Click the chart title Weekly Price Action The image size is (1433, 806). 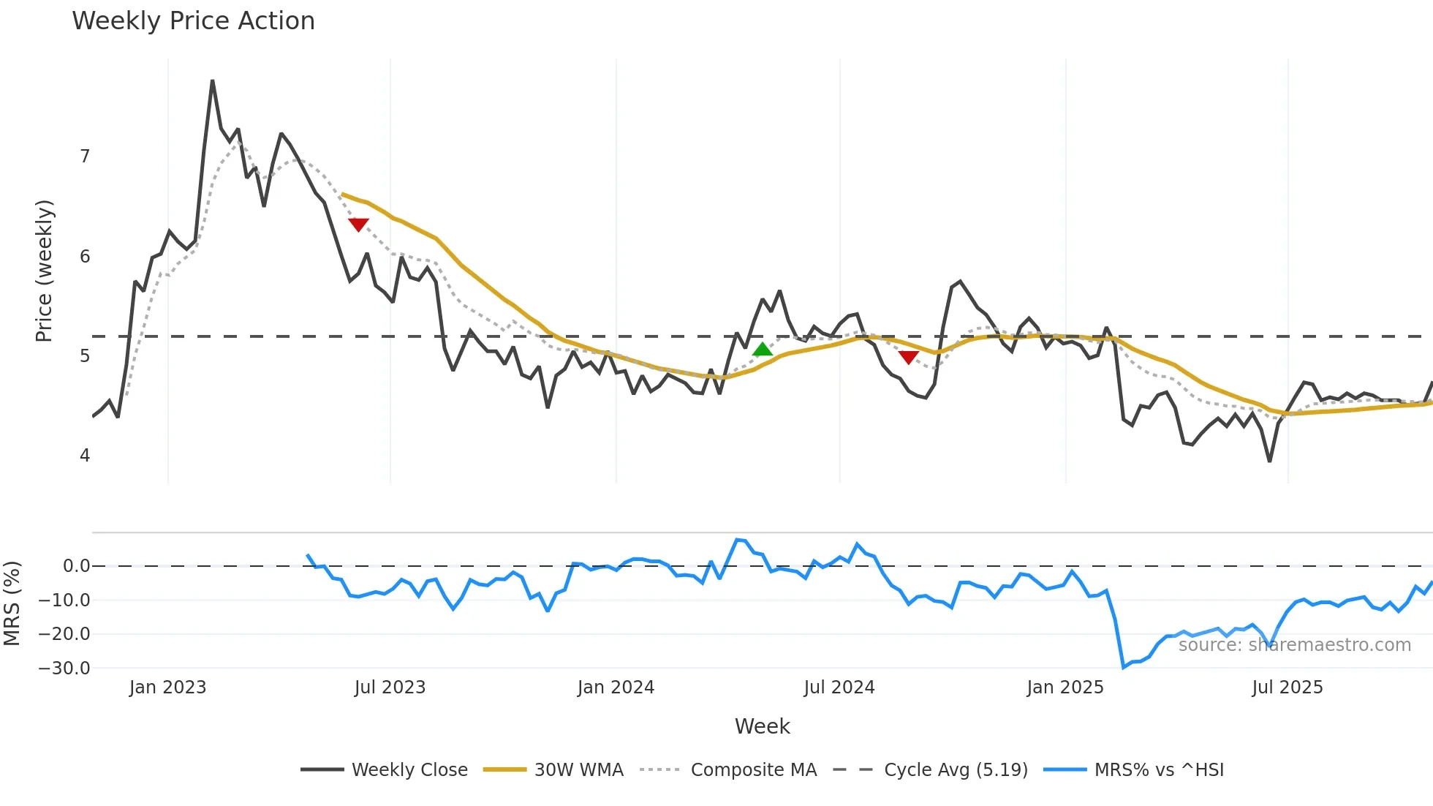coord(193,21)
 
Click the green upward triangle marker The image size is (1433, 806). coord(763,350)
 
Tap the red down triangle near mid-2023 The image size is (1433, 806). coord(358,225)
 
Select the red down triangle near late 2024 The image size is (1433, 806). coord(908,357)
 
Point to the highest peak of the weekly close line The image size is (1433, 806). coord(212,80)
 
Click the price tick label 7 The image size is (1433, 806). coord(85,157)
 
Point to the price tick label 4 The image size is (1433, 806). coord(85,456)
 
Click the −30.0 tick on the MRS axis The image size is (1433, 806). coord(65,668)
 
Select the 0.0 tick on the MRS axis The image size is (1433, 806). coord(76,566)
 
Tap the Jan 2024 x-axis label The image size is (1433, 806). coord(616,688)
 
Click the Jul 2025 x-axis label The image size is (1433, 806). coord(1287,688)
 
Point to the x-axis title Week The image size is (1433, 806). coord(762,726)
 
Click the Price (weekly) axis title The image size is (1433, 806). coord(44,271)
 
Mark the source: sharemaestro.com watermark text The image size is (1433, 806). coord(1294,645)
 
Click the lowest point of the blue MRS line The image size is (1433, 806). coord(1124,667)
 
